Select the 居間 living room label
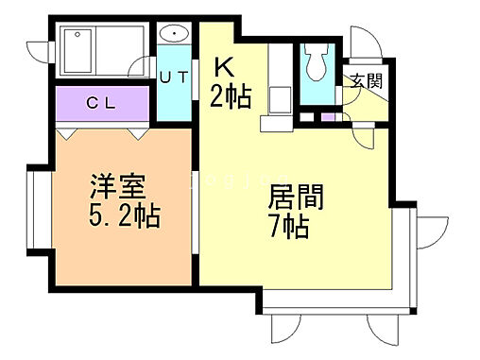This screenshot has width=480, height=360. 297,198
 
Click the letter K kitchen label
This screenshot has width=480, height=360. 224,67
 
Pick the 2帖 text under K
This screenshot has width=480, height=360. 231,94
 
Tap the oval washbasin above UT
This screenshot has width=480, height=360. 174,35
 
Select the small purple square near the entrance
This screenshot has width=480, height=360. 326,117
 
